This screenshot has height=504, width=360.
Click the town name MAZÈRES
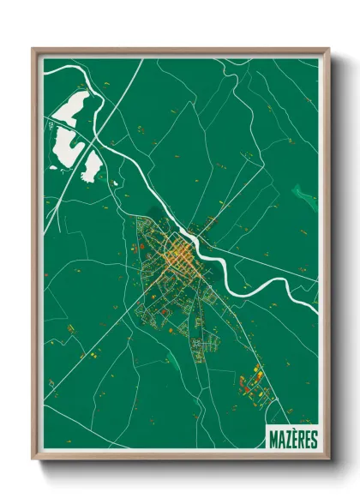292,441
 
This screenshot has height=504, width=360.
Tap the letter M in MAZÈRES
273,441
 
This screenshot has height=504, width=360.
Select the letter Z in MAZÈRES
286,441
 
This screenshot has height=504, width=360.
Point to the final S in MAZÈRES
313,441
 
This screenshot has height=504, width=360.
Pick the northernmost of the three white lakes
75,109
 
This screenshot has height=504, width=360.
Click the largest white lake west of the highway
64,142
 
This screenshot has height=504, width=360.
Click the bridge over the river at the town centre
194,243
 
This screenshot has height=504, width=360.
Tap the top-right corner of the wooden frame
328,50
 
